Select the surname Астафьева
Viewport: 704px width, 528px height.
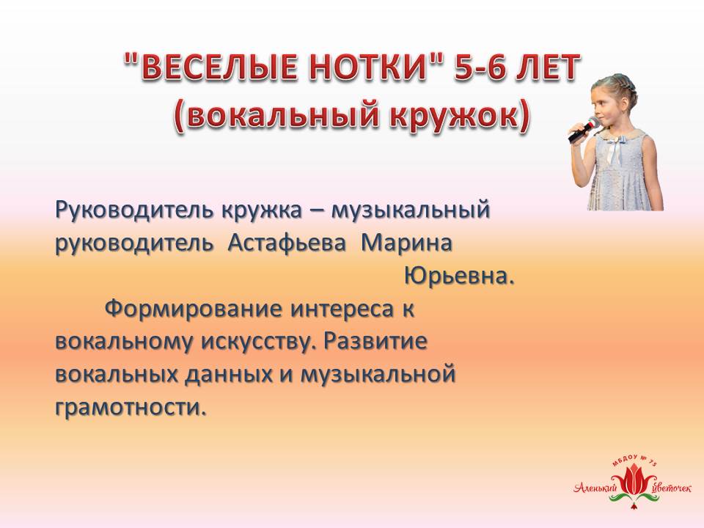(287, 243)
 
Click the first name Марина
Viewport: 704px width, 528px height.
(406, 243)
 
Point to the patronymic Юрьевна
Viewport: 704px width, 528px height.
(459, 276)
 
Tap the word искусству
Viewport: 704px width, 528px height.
(255, 342)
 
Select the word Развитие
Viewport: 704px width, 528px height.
(375, 342)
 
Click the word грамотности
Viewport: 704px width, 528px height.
(131, 408)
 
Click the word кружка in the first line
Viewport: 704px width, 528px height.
(261, 210)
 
